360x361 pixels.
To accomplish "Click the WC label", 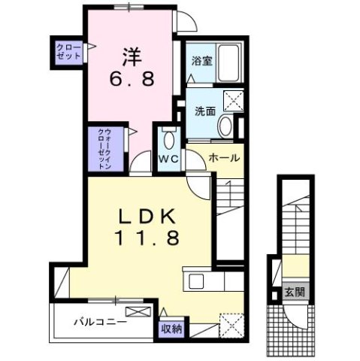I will click(167, 159).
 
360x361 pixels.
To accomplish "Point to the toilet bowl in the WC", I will click(168, 140).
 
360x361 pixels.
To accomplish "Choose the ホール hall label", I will click(224, 159).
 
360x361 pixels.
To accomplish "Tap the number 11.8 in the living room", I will click(147, 238).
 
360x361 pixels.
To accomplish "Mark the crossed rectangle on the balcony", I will click(136, 312).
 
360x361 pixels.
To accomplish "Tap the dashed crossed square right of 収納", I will click(231, 325).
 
